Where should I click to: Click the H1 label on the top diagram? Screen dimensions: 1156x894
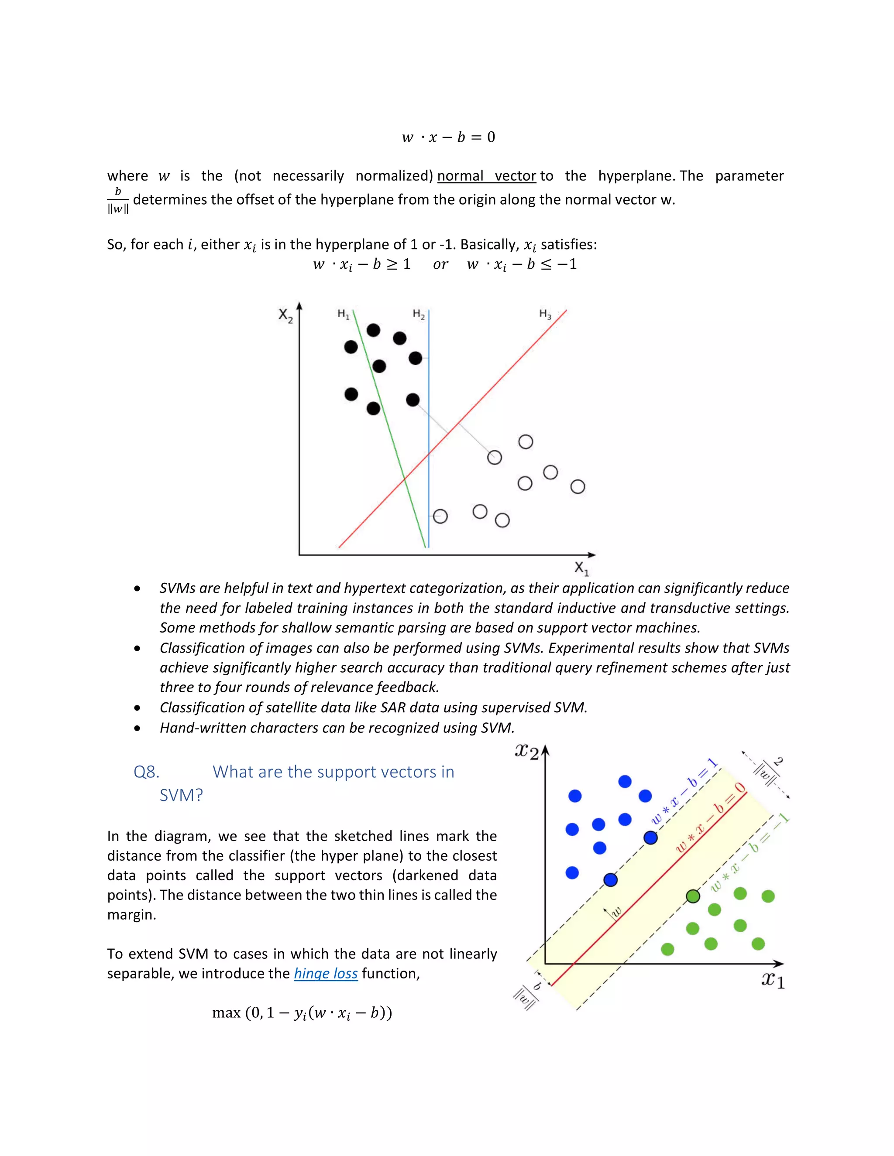coord(343,315)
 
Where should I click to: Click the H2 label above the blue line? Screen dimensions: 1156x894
coord(418,315)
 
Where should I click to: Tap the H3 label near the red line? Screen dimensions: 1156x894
coord(545,314)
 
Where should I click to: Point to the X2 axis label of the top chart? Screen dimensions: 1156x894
coord(285,315)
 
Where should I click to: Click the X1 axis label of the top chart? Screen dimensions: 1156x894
coord(581,568)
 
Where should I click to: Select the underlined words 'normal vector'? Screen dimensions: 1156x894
coord(487,176)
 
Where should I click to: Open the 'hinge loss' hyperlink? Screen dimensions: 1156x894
coord(326,973)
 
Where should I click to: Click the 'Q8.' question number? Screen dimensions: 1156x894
coord(146,772)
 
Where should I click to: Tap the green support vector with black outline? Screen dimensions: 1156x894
coord(693,896)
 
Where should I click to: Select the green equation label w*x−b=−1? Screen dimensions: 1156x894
coord(749,853)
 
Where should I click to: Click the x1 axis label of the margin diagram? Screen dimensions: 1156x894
coord(773,980)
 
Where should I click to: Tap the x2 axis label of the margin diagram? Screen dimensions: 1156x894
coord(526,751)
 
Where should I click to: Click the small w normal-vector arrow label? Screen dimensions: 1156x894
coord(616,911)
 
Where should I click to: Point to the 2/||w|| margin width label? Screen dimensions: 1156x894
coord(770,769)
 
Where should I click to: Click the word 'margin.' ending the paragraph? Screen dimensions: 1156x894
coord(131,915)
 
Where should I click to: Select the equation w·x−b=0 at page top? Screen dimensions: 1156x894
coord(448,137)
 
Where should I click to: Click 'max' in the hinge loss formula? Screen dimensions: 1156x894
coord(226,1012)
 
